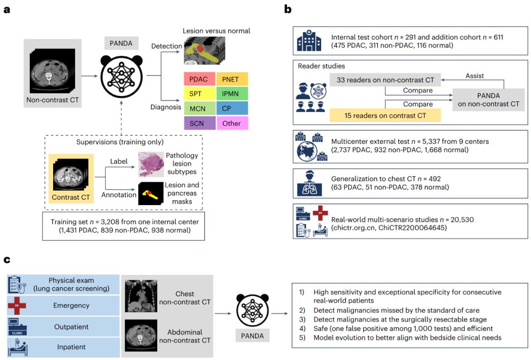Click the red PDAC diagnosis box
[199, 78]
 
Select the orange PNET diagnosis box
[232, 78]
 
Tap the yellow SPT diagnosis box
[199, 93]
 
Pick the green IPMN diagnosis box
[232, 93]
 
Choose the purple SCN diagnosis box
[199, 123]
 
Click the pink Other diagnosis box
[232, 123]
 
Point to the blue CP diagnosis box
[232, 108]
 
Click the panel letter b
[288, 9]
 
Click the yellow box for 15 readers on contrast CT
[385, 115]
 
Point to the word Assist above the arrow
[474, 76]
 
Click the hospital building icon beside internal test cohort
[309, 41]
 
